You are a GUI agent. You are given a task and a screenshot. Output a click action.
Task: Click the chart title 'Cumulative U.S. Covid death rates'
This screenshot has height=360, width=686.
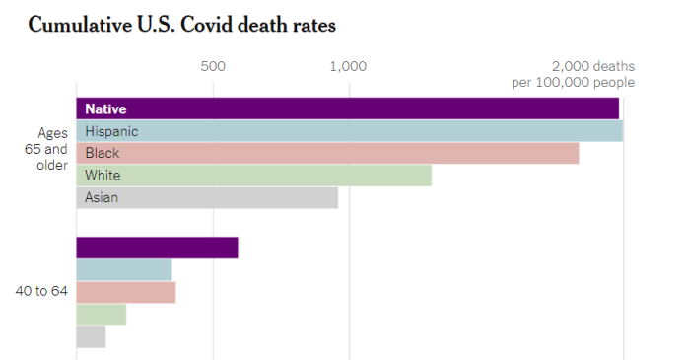coord(181,25)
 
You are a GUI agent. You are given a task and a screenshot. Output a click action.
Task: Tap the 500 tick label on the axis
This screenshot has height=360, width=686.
coord(213,67)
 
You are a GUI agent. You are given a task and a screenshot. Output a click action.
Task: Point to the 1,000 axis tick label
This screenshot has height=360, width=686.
coord(349,67)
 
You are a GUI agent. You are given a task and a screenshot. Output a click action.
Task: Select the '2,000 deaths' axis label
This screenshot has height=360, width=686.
coord(592,66)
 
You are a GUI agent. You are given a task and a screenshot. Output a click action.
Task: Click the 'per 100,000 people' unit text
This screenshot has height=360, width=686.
coord(573,82)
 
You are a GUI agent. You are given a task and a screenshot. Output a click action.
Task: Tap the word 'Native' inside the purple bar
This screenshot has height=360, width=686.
coord(105,108)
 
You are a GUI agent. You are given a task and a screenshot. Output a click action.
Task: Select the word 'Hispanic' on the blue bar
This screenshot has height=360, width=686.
coord(111,130)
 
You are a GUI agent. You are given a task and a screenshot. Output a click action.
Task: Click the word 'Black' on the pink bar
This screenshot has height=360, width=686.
coord(103,153)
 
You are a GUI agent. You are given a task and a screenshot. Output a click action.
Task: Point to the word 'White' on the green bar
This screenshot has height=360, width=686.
coord(103,176)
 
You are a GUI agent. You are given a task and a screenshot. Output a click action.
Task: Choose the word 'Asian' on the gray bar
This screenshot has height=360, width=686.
coord(102,197)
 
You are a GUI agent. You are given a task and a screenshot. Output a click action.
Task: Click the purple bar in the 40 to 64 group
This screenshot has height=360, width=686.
coord(157,248)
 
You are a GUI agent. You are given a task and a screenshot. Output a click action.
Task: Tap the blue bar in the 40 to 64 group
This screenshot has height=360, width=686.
coord(124,270)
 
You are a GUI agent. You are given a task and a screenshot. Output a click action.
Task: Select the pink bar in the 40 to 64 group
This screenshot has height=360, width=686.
coord(126,293)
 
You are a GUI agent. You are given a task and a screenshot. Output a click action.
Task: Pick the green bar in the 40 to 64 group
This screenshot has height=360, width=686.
coord(102,315)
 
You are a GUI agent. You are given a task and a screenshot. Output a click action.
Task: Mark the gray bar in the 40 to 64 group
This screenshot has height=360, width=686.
coord(91,336)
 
